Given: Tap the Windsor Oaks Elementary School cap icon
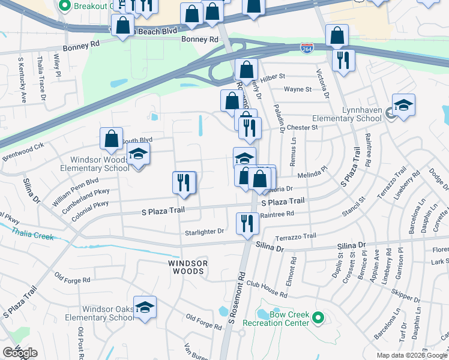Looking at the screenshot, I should [145, 307].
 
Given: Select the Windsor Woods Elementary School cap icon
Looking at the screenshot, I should [139, 156].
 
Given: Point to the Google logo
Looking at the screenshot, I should [20, 353].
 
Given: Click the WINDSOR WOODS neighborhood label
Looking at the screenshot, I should [188, 267].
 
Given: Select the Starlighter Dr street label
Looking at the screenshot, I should [204, 231].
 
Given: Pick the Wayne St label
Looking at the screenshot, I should [298, 89].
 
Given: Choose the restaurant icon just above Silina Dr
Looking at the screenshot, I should [247, 224].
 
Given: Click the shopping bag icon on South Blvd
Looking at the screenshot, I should [112, 139].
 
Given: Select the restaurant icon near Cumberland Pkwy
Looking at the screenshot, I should [184, 183].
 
